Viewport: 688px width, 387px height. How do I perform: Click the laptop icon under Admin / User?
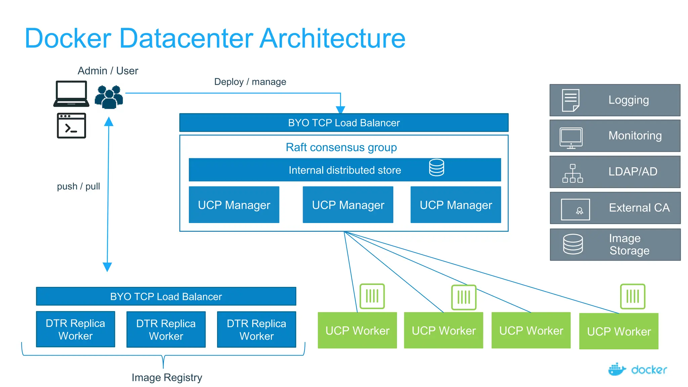point(71,94)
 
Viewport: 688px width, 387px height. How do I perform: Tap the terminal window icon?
point(72,126)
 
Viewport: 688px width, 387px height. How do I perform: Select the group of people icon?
point(109,97)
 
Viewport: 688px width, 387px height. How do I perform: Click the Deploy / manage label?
point(250,82)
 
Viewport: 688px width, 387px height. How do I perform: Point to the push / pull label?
point(78,186)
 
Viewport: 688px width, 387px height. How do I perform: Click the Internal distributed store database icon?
point(436,168)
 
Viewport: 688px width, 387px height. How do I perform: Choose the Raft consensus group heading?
point(341,147)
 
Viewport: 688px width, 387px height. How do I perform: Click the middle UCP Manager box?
point(348,205)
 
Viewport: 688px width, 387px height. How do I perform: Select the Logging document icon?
point(570,100)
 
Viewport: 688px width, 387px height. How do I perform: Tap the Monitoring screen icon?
point(571,138)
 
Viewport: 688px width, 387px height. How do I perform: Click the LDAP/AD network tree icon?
point(572,173)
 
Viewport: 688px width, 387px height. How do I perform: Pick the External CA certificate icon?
point(575,209)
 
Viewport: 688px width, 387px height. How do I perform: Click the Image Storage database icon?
point(573,244)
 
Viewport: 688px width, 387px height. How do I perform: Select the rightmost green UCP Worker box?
point(618,331)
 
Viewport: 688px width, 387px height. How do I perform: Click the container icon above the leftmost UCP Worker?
point(372,296)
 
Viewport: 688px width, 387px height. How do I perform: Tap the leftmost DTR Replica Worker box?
point(76,329)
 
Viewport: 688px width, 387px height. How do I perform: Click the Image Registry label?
point(167,377)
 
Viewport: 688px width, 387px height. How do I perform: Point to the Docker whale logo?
point(616,369)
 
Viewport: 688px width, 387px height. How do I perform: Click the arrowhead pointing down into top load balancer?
point(340,110)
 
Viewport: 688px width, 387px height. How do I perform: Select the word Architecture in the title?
point(332,38)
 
